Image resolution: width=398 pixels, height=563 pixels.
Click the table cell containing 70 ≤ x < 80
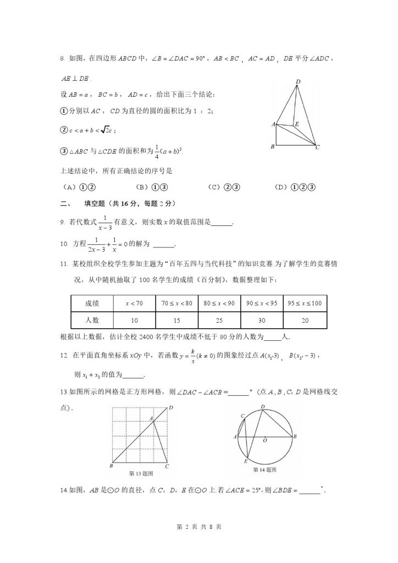(177, 303)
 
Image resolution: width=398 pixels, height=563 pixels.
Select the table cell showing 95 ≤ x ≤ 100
(305, 303)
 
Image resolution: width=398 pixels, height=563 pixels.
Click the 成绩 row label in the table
(92, 303)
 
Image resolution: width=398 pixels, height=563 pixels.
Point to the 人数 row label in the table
(92, 319)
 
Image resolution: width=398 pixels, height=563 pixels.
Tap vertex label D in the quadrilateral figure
(297, 82)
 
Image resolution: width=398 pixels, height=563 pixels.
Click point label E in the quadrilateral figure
(297, 124)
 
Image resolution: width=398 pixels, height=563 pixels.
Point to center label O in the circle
(265, 440)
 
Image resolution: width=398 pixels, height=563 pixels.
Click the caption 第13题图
(140, 473)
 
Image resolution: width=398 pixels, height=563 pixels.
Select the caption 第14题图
(264, 470)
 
